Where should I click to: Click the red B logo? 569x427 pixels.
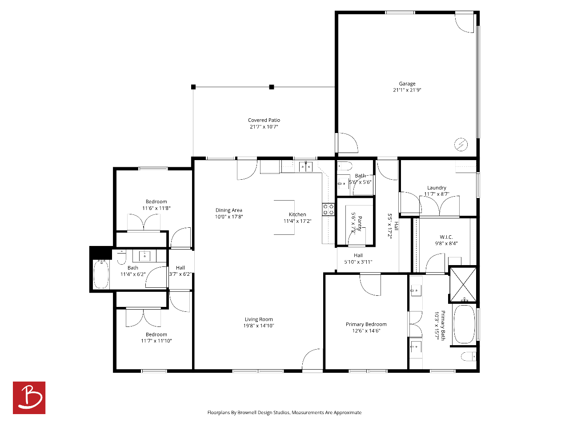click(x=29, y=398)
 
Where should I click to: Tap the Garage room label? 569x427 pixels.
click(x=407, y=84)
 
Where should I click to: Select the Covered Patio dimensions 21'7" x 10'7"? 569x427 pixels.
click(x=264, y=126)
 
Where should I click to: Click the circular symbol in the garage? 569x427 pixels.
click(x=461, y=144)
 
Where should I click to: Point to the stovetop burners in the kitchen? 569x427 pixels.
click(x=328, y=209)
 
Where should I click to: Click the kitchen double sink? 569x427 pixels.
click(x=306, y=167)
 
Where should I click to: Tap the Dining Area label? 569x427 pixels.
click(x=228, y=210)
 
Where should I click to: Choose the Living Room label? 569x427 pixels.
click(x=259, y=319)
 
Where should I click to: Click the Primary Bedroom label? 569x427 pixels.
click(x=366, y=324)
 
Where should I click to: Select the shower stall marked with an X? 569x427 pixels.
click(x=463, y=285)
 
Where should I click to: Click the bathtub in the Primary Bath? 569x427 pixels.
click(x=464, y=324)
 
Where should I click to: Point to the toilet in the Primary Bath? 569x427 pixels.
click(x=469, y=356)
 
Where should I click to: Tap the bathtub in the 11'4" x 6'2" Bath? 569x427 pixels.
click(x=101, y=274)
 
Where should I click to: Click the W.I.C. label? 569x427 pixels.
click(x=446, y=237)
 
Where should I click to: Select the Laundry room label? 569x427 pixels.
click(x=437, y=187)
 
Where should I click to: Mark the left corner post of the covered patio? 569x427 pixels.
click(x=193, y=87)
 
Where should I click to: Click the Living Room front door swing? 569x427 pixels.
click(x=313, y=359)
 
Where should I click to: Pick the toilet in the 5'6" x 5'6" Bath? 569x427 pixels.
click(x=345, y=166)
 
